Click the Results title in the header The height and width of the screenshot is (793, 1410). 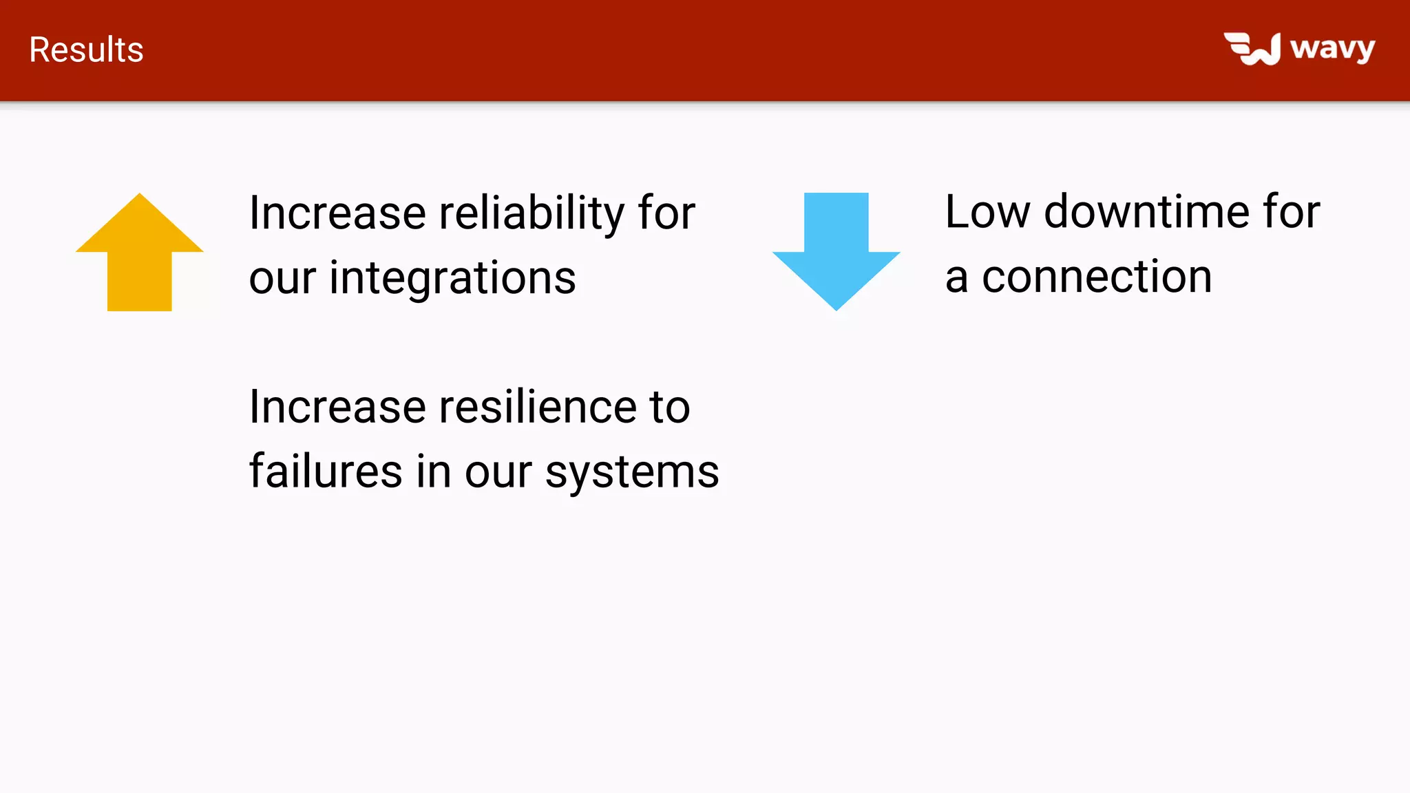tap(86, 50)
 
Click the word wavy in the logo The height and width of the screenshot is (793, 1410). tap(1332, 49)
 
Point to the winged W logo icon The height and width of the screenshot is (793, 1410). tap(1252, 49)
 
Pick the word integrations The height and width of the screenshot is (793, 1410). tap(452, 278)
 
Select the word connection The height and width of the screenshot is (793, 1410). tap(1097, 277)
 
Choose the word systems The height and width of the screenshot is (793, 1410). tap(632, 474)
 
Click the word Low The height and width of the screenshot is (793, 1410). tap(987, 211)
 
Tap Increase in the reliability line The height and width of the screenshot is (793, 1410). tap(337, 213)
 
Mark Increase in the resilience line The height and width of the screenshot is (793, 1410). tap(337, 407)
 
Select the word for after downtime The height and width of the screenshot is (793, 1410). tap(1292, 211)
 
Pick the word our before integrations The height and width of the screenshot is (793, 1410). tap(282, 279)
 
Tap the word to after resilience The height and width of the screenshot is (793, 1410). tap(669, 407)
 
